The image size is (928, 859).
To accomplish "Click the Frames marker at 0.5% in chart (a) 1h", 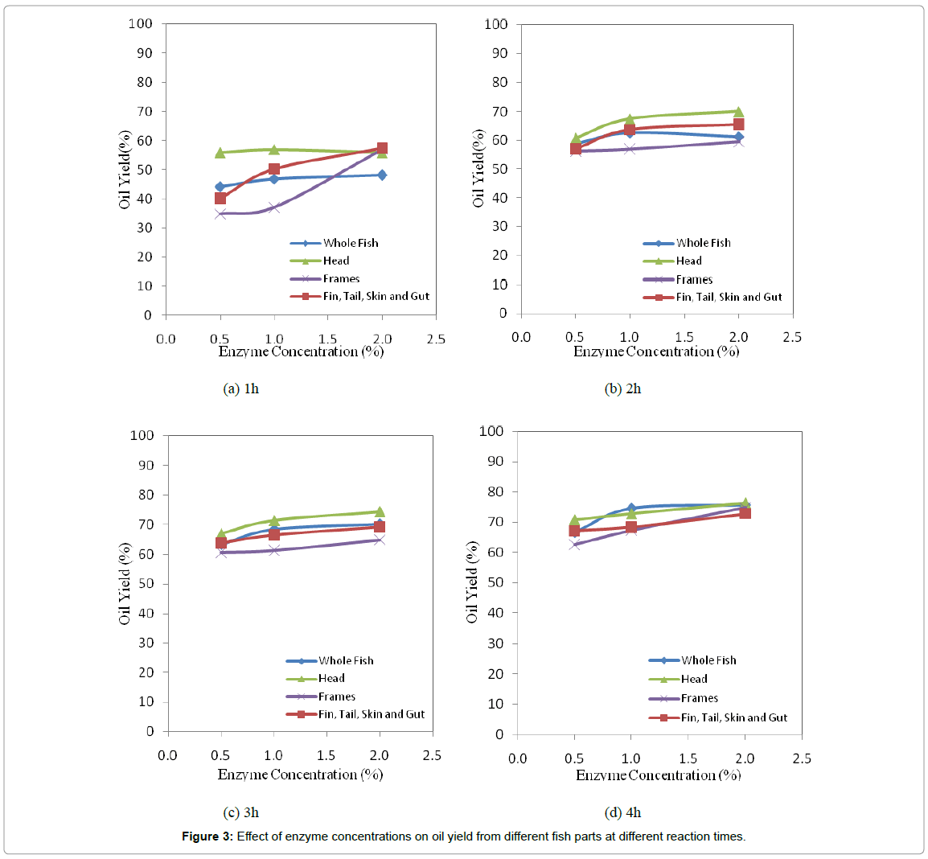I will click(x=220, y=214).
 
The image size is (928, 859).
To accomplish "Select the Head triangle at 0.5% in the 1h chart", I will click(x=220, y=152).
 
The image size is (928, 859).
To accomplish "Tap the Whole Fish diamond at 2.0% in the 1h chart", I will click(x=382, y=175).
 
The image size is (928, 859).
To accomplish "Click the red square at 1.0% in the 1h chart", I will click(x=274, y=169).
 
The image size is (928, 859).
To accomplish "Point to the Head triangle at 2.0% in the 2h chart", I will click(x=738, y=112).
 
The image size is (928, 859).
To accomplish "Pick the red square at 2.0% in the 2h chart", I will click(x=738, y=124).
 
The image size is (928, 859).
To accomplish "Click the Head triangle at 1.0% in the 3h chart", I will click(x=274, y=520).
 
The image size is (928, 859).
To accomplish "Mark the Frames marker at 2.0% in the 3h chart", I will click(x=379, y=540).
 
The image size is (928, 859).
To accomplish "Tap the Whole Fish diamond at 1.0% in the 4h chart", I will click(x=631, y=508).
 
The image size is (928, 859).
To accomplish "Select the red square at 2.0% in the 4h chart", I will click(x=745, y=513).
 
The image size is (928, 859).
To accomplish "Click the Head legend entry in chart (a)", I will click(x=335, y=261).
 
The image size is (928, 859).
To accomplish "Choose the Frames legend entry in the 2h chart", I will click(x=693, y=280).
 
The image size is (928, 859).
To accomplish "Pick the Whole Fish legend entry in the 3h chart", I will click(x=346, y=660).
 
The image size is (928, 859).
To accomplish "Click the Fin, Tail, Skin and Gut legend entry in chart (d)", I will click(x=733, y=717).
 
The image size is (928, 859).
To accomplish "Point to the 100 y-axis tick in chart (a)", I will click(x=141, y=23).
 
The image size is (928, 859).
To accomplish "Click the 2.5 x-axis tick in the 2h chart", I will click(x=792, y=337).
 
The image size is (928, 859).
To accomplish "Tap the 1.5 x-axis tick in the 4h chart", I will click(x=688, y=758).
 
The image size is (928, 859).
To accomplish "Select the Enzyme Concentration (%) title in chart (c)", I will click(x=300, y=775).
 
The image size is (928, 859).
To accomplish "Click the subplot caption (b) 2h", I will click(x=622, y=388).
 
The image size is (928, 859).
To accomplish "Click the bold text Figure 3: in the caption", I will click(x=207, y=836).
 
